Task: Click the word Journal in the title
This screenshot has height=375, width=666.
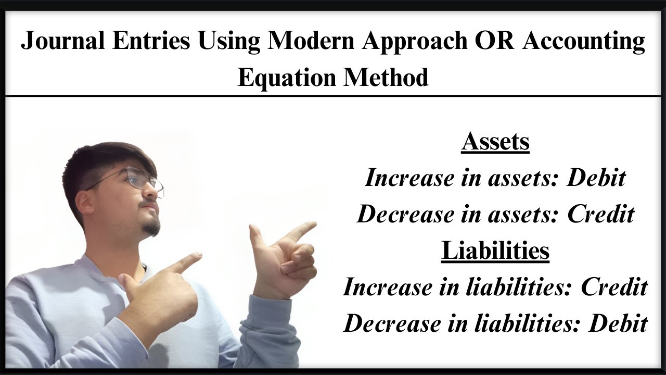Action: pyautogui.click(x=62, y=42)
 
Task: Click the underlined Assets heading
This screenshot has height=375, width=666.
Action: pyautogui.click(x=495, y=141)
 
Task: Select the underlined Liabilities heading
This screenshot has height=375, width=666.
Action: pyautogui.click(x=495, y=251)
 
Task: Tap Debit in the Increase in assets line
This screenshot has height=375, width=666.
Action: pyautogui.click(x=596, y=178)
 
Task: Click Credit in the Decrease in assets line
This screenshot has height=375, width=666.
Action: pyautogui.click(x=601, y=214)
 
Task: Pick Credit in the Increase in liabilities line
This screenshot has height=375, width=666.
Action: pyautogui.click(x=614, y=287)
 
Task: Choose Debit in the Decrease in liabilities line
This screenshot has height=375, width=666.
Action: pyautogui.click(x=618, y=323)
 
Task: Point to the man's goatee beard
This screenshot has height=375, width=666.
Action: pyautogui.click(x=151, y=227)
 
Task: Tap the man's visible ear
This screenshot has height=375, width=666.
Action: pyautogui.click(x=84, y=202)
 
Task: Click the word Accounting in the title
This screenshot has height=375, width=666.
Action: pyautogui.click(x=584, y=42)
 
